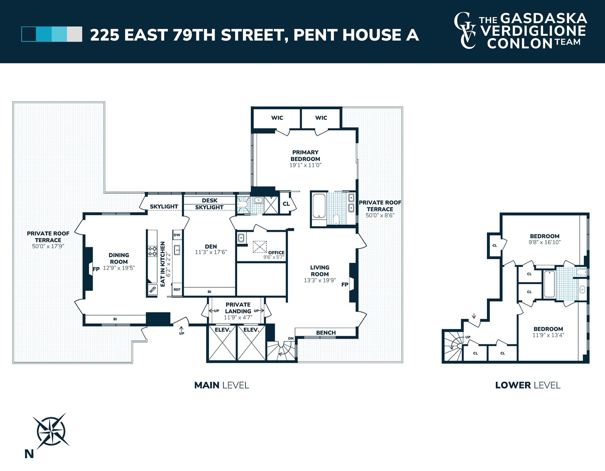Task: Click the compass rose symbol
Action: pos(51,431)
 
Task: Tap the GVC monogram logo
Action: pos(465,31)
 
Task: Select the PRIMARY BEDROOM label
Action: pos(305,155)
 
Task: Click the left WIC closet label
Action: pos(277,118)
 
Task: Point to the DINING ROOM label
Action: pos(119,258)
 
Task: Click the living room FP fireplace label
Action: pos(345,284)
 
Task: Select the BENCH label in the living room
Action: pos(326,333)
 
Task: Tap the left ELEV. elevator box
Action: pos(222,344)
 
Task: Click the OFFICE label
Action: pos(276,252)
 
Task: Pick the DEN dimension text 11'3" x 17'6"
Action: pos(211,252)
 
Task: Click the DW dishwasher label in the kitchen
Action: pos(177,235)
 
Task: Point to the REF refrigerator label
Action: pos(177,290)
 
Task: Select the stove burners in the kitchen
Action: pos(152,251)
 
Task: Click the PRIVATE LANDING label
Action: pos(238,308)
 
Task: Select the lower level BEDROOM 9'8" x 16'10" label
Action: pos(544,239)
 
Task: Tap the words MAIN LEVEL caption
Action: pos(222,385)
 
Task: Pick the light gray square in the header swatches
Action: pos(74,34)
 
